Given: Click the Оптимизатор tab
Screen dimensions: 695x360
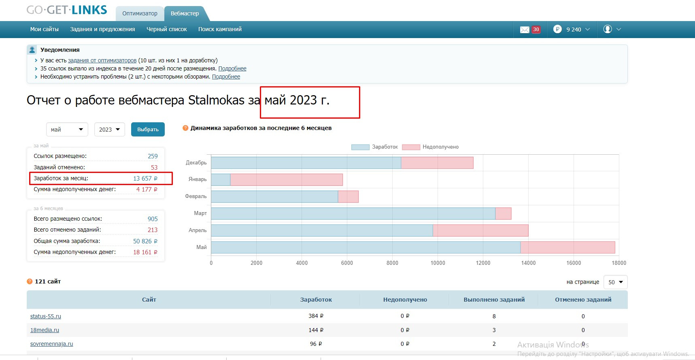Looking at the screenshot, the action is (x=140, y=13).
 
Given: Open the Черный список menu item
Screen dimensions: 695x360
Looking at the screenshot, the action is (x=167, y=29).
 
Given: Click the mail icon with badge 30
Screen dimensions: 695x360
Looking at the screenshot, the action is (x=525, y=30).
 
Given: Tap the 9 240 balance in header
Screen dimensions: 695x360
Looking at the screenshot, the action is (x=574, y=30).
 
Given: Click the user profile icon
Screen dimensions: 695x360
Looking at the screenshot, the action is (x=608, y=29).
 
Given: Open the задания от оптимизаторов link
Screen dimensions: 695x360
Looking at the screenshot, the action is (x=102, y=60).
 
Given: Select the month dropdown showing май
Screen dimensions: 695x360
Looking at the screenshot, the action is (x=67, y=130).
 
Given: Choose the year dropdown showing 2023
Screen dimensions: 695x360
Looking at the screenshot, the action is (x=110, y=130).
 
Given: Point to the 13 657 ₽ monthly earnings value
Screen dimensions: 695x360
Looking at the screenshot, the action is (x=145, y=179).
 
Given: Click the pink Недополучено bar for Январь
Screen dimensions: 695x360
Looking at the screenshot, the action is (x=287, y=180).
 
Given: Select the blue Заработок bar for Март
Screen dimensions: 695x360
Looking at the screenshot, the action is (x=353, y=214).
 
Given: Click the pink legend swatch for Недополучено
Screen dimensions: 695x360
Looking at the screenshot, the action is (x=411, y=147).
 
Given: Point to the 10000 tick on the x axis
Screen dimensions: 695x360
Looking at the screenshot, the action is (x=438, y=263).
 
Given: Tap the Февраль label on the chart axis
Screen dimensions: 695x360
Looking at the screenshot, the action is (x=196, y=196).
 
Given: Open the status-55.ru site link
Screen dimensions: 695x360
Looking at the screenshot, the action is (x=46, y=316).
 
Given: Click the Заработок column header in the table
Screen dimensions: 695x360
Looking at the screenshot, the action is (x=316, y=300).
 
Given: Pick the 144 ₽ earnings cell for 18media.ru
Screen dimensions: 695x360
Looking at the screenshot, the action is (x=316, y=330).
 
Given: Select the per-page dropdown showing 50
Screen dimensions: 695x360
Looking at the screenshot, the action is (x=615, y=282).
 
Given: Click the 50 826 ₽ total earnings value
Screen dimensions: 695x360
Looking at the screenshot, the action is (x=145, y=241).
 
